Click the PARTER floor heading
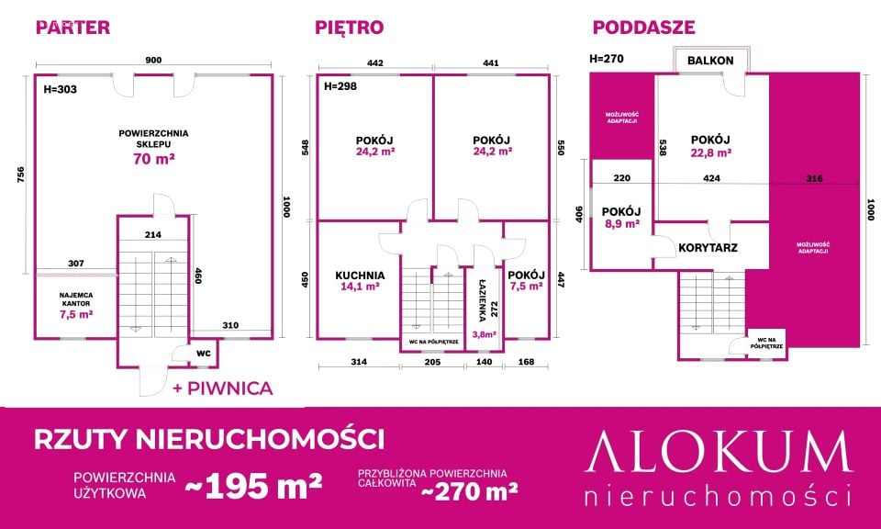[x=73, y=27]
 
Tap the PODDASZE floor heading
[x=644, y=27]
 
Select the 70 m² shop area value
[x=153, y=159]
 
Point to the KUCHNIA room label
[x=360, y=276]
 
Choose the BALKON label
[x=710, y=61]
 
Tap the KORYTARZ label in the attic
[x=708, y=247]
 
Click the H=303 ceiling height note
[x=61, y=89]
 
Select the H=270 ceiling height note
[x=607, y=59]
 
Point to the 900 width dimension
[x=153, y=60]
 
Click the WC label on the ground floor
[x=204, y=354]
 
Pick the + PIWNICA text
[x=223, y=388]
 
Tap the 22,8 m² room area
[x=710, y=152]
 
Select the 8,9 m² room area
[x=621, y=224]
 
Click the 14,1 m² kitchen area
[x=360, y=287]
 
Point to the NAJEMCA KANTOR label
[x=76, y=299]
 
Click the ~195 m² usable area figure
[x=253, y=486]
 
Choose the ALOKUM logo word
[x=719, y=453]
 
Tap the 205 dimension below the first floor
[x=432, y=362]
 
